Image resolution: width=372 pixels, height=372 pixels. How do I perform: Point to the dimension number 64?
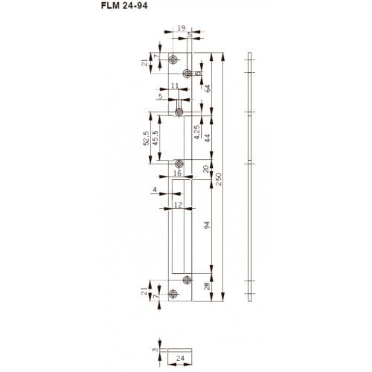tap(208, 89)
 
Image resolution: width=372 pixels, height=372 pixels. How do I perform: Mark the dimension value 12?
tap(179, 203)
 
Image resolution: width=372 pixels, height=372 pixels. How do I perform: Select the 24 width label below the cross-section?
tap(181, 359)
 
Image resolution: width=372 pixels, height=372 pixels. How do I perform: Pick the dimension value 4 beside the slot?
tap(155, 190)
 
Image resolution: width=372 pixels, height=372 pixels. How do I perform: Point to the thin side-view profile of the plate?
tap(250, 179)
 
